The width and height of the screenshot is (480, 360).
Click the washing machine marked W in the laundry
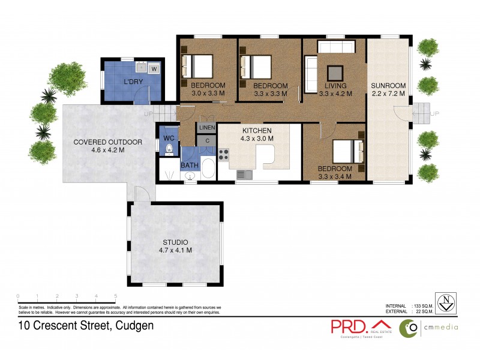tap(154, 69)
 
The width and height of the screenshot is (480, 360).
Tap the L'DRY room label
tap(132, 82)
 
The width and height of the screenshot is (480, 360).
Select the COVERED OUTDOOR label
tap(108, 142)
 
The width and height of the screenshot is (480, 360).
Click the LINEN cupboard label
tap(206, 128)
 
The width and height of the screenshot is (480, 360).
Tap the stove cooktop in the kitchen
tap(224, 155)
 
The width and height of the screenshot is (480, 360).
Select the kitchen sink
tap(244, 175)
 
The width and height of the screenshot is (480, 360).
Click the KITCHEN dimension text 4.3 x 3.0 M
tap(257, 139)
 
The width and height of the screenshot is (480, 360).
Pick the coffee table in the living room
tap(333, 70)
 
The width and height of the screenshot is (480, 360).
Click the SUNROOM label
tap(388, 85)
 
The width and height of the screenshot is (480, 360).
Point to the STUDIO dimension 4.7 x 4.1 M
tap(175, 250)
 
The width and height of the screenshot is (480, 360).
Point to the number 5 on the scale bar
tap(115, 296)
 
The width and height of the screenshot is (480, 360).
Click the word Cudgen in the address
tap(134, 326)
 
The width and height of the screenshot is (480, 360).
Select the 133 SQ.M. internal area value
tap(424, 305)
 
